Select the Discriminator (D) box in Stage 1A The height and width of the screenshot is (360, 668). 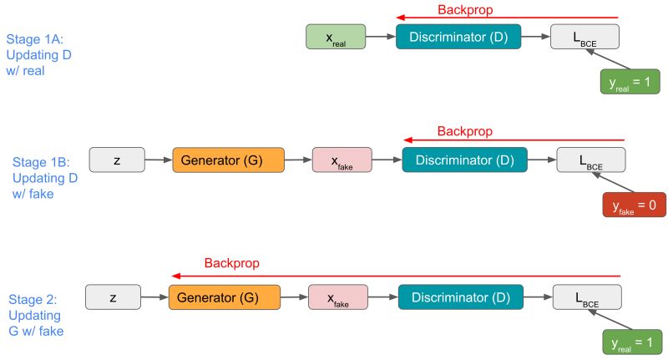pyautogui.click(x=458, y=37)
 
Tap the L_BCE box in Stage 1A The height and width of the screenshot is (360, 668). pyautogui.click(x=584, y=37)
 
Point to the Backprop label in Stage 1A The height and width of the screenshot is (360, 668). pyautogui.click(x=465, y=11)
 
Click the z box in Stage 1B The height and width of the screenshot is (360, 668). pyautogui.click(x=116, y=160)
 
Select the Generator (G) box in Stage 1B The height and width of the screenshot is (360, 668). pyautogui.click(x=228, y=160)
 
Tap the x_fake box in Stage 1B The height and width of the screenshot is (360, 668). pyautogui.click(x=341, y=160)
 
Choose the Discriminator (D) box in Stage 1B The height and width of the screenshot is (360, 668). pyautogui.click(x=464, y=160)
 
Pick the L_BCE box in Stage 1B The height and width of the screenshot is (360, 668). pyautogui.click(x=591, y=160)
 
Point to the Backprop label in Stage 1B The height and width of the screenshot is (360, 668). pyautogui.click(x=465, y=132)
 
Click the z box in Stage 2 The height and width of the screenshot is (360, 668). pyautogui.click(x=114, y=297)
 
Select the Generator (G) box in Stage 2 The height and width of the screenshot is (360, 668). pyautogui.click(x=225, y=297)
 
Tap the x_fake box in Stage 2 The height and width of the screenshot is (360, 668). pyautogui.click(x=337, y=297)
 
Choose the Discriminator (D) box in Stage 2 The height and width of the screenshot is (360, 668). pyautogui.click(x=461, y=297)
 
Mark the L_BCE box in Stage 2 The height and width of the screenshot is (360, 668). pyautogui.click(x=587, y=297)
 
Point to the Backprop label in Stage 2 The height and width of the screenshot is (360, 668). pyautogui.click(x=231, y=263)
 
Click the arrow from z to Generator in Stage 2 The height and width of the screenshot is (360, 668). pyautogui.click(x=154, y=297)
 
